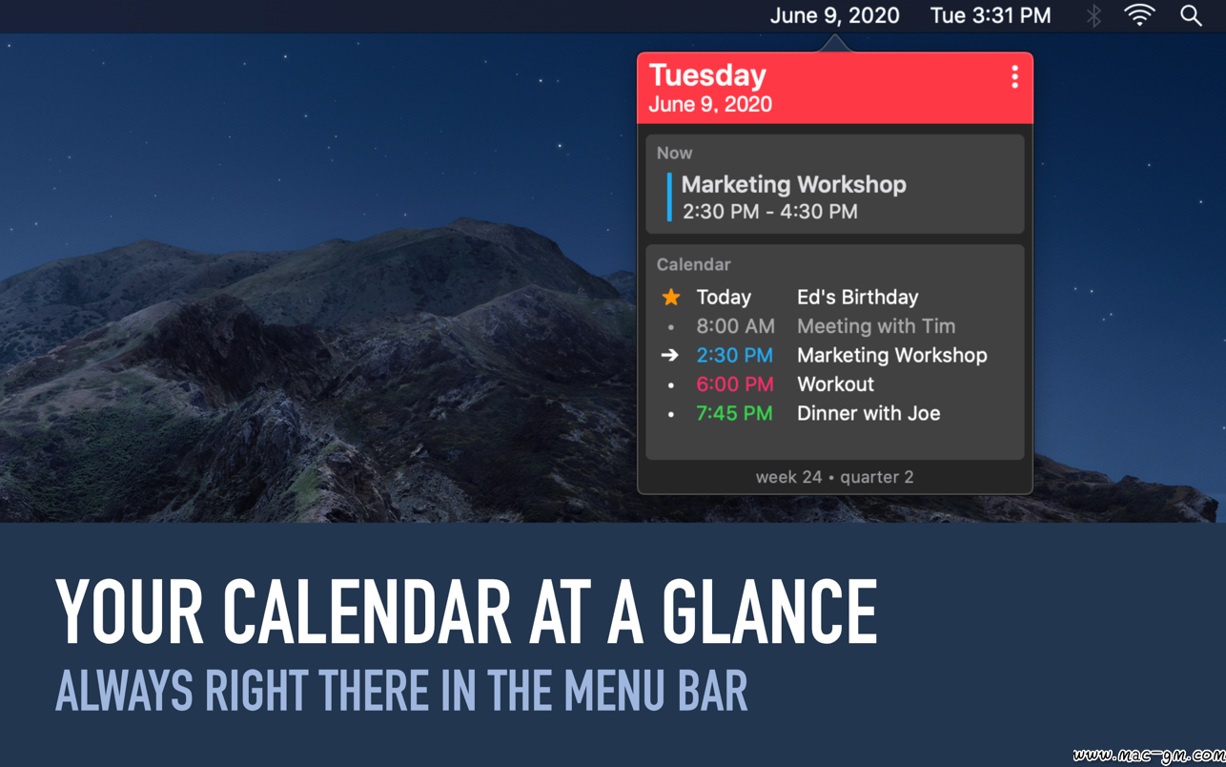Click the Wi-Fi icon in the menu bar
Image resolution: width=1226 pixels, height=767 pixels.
[1139, 15]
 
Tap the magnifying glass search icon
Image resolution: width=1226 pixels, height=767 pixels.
[1191, 16]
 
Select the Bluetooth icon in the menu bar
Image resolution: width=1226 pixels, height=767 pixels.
[1093, 16]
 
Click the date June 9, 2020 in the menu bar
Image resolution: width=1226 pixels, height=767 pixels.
[835, 15]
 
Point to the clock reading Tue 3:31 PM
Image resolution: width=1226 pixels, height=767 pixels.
[991, 15]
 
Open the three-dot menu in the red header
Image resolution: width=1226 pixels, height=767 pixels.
[1014, 76]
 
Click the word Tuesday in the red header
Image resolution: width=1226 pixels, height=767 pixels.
[707, 75]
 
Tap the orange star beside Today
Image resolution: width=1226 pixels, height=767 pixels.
[671, 297]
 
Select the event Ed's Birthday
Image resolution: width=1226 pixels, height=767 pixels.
[858, 297]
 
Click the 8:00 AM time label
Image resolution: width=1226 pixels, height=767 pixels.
[736, 326]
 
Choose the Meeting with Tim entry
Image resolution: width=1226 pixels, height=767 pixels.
[876, 326]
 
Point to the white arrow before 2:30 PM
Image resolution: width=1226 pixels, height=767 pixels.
[670, 355]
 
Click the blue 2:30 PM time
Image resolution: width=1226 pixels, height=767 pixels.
[734, 355]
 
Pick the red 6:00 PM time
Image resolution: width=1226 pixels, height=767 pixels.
[735, 384]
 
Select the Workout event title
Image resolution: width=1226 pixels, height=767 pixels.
[836, 384]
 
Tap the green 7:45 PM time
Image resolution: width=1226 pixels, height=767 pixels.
[734, 413]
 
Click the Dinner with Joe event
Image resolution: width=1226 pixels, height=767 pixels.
[868, 413]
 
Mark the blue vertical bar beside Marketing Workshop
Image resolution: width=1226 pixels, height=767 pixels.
[669, 197]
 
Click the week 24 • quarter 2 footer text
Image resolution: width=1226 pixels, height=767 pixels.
[835, 477]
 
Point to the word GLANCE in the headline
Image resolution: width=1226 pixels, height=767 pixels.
[770, 612]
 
